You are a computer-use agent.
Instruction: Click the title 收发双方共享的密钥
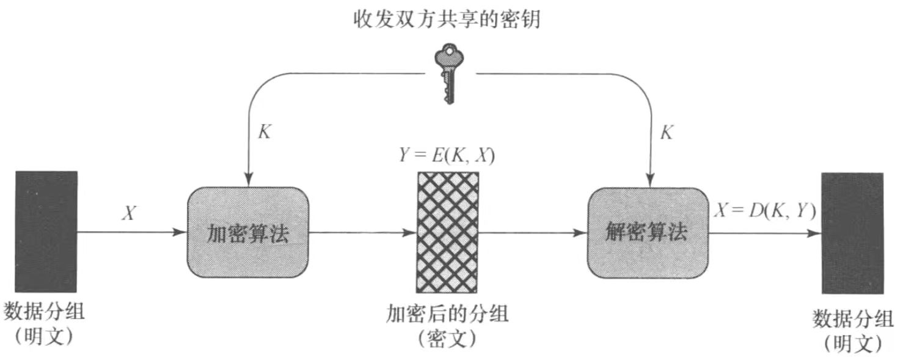[448, 21]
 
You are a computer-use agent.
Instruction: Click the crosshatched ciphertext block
[447, 232]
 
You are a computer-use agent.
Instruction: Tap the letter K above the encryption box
[264, 133]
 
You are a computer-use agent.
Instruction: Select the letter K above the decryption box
[666, 133]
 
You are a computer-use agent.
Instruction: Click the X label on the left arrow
[129, 213]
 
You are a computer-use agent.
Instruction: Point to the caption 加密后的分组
[447, 314]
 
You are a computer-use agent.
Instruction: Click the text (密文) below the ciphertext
[447, 337]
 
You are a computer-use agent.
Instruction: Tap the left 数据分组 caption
[45, 312]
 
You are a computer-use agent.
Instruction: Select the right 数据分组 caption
[852, 318]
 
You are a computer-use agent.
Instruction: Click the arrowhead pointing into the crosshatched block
[411, 233]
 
